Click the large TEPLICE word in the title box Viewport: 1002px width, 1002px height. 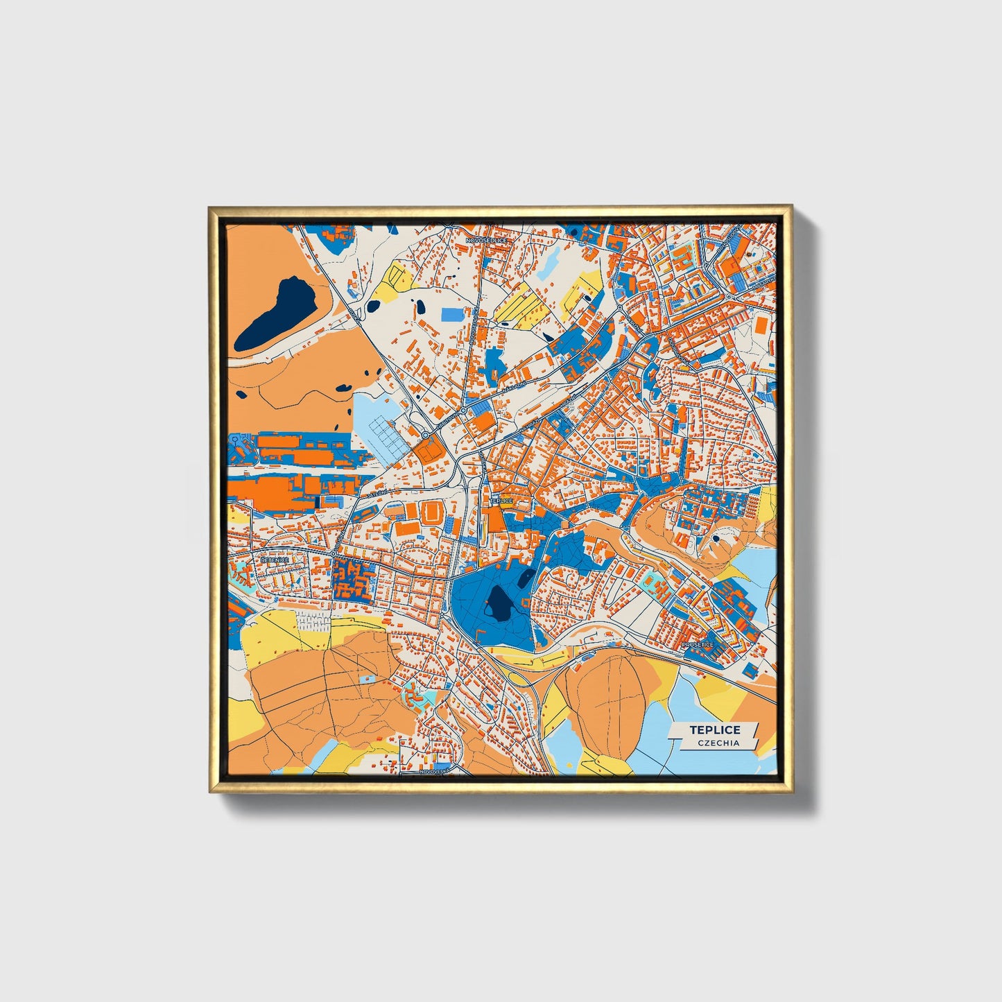[714, 729]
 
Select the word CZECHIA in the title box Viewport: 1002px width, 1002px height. [719, 743]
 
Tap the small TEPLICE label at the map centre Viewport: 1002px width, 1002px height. [501, 500]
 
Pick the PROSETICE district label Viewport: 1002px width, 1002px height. [697, 645]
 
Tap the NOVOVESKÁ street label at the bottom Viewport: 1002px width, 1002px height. [435, 771]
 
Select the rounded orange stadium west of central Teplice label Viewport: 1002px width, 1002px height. [433, 514]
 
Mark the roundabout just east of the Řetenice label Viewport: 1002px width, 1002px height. [334, 553]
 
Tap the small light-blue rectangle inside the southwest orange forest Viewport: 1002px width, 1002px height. [366, 678]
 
